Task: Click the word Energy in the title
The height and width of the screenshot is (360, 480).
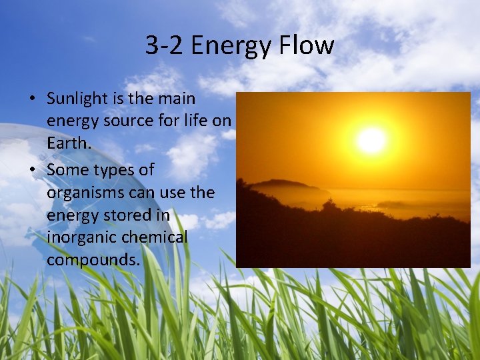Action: (x=229, y=46)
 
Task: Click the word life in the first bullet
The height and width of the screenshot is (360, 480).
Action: (x=194, y=121)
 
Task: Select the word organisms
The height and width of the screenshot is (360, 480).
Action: (x=83, y=193)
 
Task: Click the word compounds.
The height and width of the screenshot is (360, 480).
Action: (x=93, y=260)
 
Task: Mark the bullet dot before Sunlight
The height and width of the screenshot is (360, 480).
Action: (x=31, y=99)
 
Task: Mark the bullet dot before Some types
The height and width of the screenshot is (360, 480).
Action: (x=31, y=171)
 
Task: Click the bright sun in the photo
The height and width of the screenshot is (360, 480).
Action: (x=371, y=140)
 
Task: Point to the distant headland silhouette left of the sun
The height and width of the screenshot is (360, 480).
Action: (x=283, y=184)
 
